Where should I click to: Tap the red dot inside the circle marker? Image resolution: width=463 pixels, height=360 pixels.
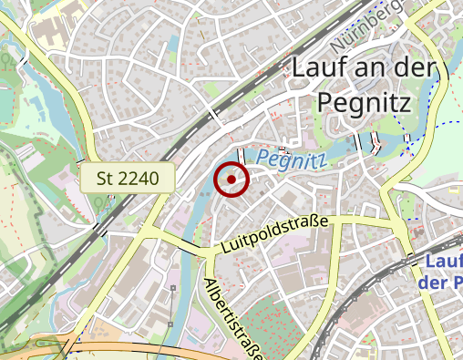231,180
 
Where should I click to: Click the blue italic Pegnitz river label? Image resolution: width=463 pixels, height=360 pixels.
292,159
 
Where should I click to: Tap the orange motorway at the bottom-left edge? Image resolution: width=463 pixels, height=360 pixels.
36,351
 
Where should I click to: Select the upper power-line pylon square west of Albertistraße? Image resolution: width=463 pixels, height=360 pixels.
172,288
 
